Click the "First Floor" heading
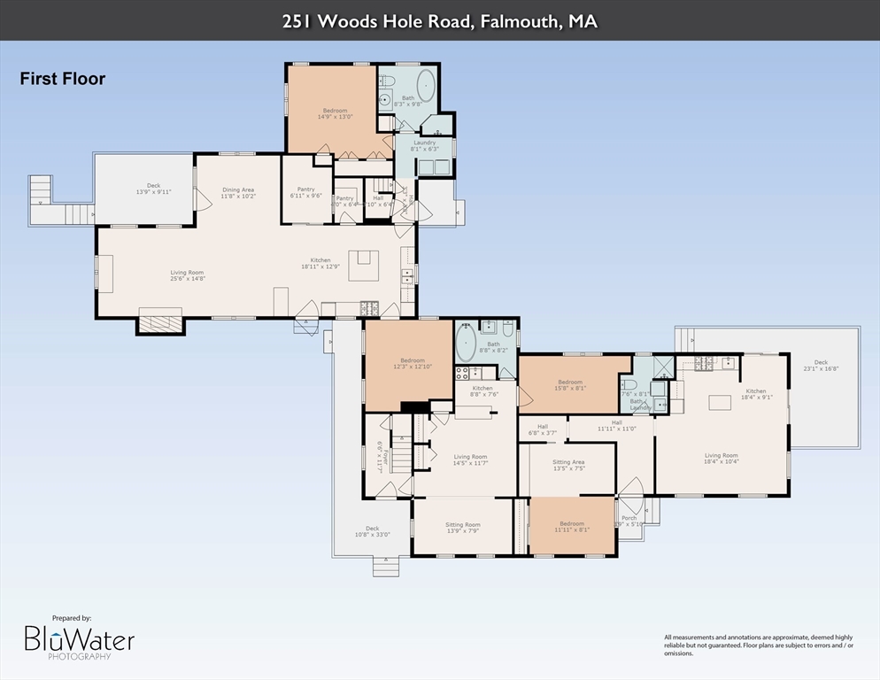click(x=63, y=79)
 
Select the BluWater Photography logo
click(x=79, y=639)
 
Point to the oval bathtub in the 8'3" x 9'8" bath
click(x=427, y=89)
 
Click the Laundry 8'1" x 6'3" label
click(x=424, y=145)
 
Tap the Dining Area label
click(x=238, y=192)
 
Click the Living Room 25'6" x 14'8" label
click(x=187, y=275)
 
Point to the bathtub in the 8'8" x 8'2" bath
click(x=466, y=346)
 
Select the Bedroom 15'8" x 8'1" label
click(x=570, y=385)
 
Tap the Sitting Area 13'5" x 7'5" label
click(x=568, y=465)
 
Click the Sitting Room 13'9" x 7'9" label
click(x=462, y=528)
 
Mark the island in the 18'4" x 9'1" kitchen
click(x=720, y=402)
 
